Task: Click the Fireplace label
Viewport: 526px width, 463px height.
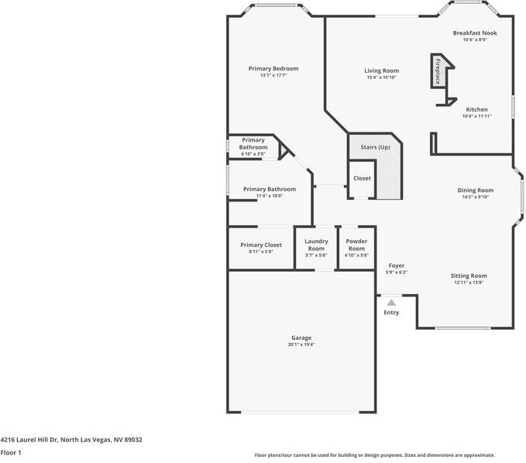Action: click(438, 71)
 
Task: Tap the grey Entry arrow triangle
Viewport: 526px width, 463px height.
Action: click(391, 303)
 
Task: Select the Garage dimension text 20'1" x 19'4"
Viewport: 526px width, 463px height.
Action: click(301, 345)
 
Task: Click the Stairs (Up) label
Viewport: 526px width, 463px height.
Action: click(376, 147)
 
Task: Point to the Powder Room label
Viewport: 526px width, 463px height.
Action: click(356, 245)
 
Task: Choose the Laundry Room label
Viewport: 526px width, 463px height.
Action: click(316, 245)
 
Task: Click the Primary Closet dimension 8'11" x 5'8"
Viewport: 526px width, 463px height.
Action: click(261, 252)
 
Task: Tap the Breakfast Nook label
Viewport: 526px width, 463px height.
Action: click(475, 33)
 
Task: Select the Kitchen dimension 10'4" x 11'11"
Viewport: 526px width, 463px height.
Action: click(476, 116)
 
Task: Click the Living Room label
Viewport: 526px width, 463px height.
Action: click(382, 70)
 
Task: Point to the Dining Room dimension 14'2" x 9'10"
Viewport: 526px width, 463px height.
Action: click(476, 197)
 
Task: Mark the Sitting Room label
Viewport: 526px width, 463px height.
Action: click(469, 276)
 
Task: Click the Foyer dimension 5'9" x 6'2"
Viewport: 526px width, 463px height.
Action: click(397, 273)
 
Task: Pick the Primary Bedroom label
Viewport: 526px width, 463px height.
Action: click(273, 69)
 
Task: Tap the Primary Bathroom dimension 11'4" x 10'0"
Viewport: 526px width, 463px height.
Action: click(270, 196)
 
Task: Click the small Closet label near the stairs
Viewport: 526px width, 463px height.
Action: click(362, 178)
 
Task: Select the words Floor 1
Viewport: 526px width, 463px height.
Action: click(11, 453)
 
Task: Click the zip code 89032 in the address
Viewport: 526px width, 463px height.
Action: click(133, 440)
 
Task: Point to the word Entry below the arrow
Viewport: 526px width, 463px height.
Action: click(391, 313)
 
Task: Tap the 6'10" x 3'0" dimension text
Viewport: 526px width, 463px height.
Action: click(253, 154)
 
